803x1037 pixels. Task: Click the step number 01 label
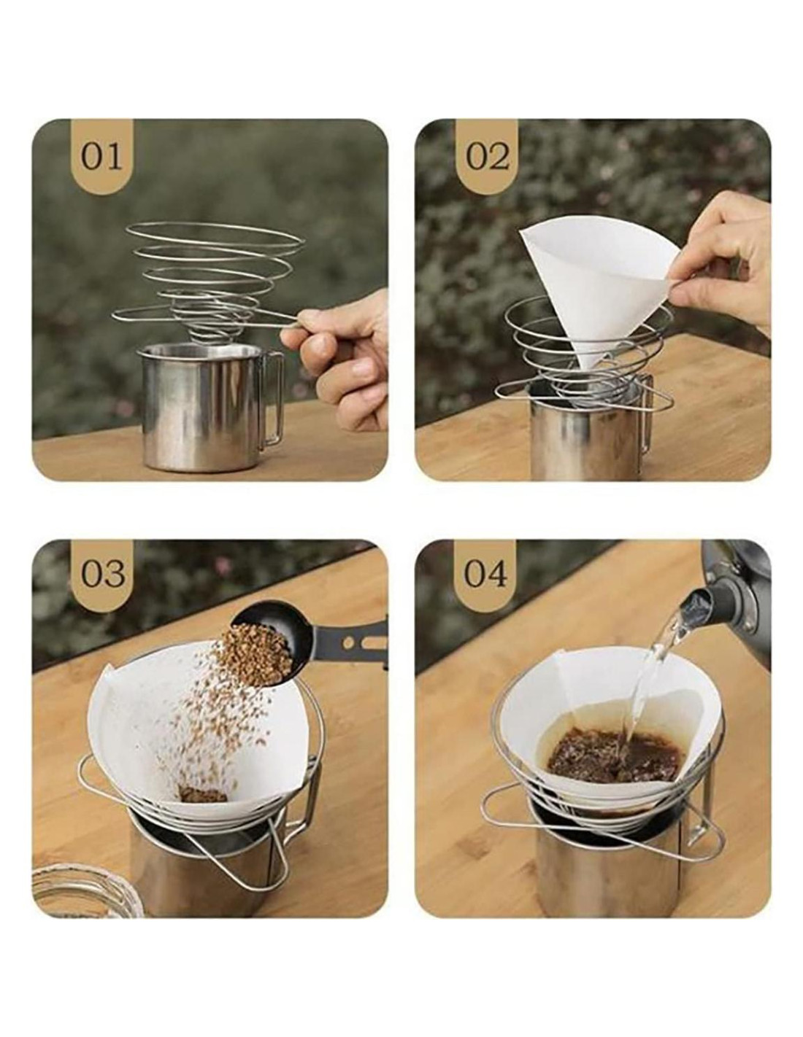101,157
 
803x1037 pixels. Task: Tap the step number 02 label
486,157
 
